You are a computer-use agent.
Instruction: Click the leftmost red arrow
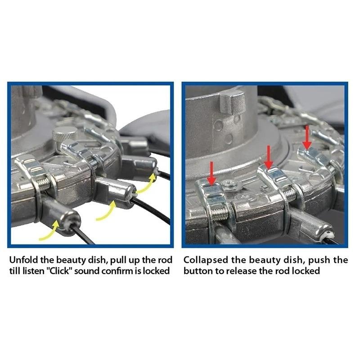(211, 173)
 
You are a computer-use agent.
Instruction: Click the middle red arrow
(268, 157)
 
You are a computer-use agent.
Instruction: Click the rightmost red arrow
(307, 137)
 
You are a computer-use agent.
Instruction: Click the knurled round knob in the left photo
(65, 135)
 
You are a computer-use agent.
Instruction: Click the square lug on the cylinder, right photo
(232, 102)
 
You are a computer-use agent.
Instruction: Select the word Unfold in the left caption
(24, 260)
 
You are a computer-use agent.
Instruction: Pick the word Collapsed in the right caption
(206, 260)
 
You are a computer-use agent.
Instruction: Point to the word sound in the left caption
(86, 271)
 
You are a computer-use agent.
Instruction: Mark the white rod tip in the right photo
(329, 234)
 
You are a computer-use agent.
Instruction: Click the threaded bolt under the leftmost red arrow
(219, 214)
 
